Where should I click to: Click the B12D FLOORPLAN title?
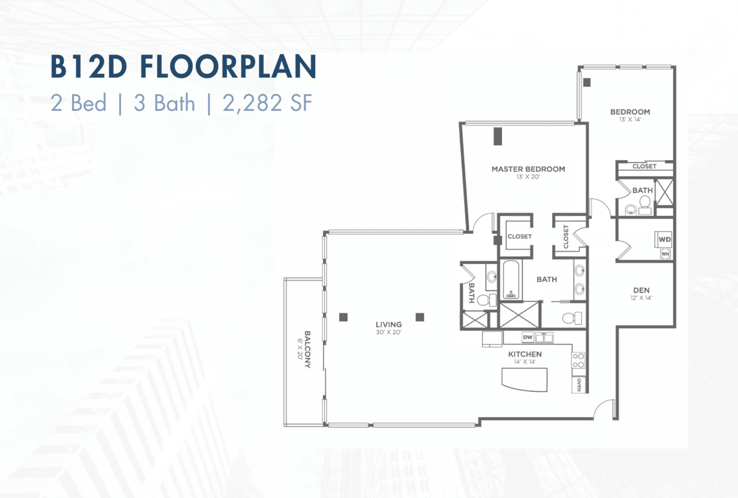point(183,67)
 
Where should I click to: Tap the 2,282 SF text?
point(267,103)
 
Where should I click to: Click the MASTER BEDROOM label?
point(528,169)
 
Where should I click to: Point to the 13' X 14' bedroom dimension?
point(630,120)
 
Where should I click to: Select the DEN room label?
point(641,290)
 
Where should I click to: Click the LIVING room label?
point(389,325)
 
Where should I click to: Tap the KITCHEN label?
point(525,354)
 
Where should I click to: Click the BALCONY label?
point(307,349)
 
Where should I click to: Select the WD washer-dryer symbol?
point(664,239)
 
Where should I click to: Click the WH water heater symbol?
point(665,254)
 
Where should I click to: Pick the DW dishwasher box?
point(528,337)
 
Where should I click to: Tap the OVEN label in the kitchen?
point(579,385)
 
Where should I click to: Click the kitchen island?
point(524,379)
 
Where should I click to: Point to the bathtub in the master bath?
point(511,280)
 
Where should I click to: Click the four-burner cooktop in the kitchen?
point(578,360)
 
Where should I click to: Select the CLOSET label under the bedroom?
point(644,166)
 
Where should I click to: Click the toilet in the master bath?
point(572,318)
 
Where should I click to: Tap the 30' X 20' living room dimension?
point(389,332)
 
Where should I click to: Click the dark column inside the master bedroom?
point(498,136)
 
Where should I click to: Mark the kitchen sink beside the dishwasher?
point(544,337)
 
